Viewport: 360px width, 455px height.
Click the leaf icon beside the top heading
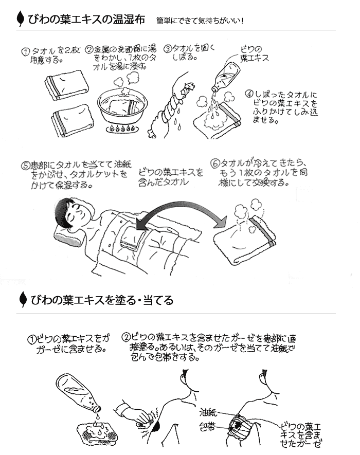tap(21, 19)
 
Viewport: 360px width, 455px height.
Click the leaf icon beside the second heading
tap(22, 299)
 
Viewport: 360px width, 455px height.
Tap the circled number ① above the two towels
tap(26, 52)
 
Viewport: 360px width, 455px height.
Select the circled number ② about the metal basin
tap(89, 49)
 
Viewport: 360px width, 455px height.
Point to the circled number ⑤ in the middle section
tap(26, 166)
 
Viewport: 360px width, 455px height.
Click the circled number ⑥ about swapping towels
tap(215, 163)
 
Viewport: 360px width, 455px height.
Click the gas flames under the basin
tap(121, 128)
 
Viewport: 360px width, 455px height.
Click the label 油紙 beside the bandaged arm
tap(208, 412)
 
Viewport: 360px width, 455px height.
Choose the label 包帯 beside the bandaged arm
tap(207, 427)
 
